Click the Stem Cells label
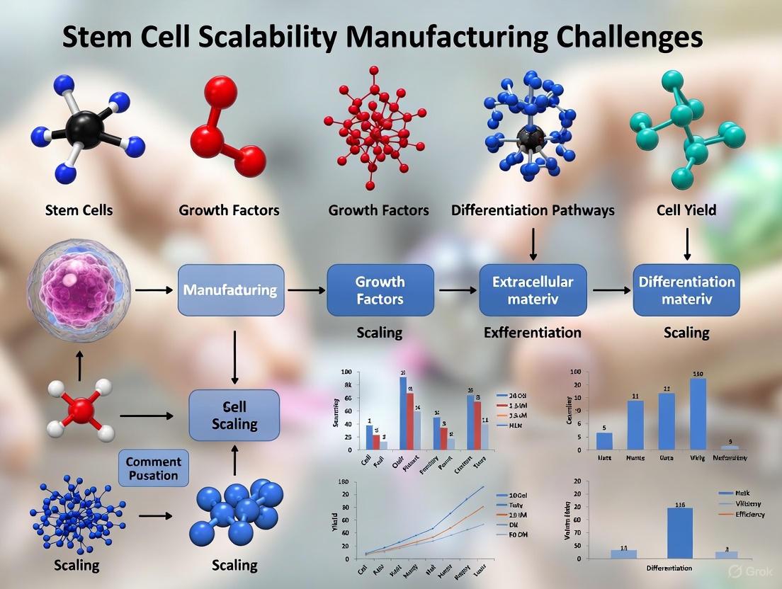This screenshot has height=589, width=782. (79, 210)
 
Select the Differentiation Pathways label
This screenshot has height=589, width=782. (533, 210)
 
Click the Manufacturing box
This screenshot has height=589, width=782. (230, 290)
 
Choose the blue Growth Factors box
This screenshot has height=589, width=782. (380, 290)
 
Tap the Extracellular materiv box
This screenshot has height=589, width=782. (532, 290)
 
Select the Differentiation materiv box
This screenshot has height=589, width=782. (686, 290)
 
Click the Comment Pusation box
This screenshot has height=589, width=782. (153, 468)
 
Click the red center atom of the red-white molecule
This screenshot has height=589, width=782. (81, 410)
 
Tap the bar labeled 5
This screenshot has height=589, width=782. (604, 440)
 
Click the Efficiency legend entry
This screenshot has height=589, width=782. (748, 514)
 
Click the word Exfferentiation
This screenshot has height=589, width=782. (532, 332)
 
